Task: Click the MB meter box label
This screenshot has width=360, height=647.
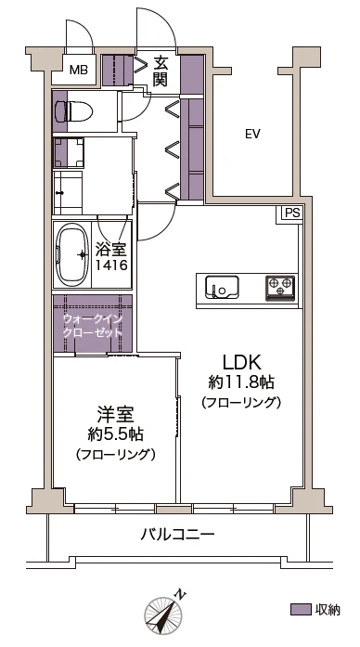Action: pos(78,70)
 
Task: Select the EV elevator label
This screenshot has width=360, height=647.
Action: pos(252,134)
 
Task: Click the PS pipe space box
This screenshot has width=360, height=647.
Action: pos(291,214)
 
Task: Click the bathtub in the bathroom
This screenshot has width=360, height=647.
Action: pos(72,254)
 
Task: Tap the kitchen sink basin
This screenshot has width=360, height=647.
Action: pos(223,287)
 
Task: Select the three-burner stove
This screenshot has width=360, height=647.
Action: pos(281,287)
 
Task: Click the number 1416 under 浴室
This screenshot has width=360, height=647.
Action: pos(111,265)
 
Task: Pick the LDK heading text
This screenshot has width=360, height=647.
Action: pos(241,363)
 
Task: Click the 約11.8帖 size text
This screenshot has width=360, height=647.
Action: pos(241,383)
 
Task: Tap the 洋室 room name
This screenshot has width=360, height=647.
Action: pos(115,414)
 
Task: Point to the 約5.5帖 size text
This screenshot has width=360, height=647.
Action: pos(115,433)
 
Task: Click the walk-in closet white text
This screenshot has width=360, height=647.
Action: pos(93,325)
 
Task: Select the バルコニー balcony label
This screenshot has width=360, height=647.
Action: pos(178,536)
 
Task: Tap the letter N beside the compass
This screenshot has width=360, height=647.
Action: pos(180,594)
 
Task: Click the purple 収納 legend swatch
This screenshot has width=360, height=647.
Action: pos(301,610)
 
